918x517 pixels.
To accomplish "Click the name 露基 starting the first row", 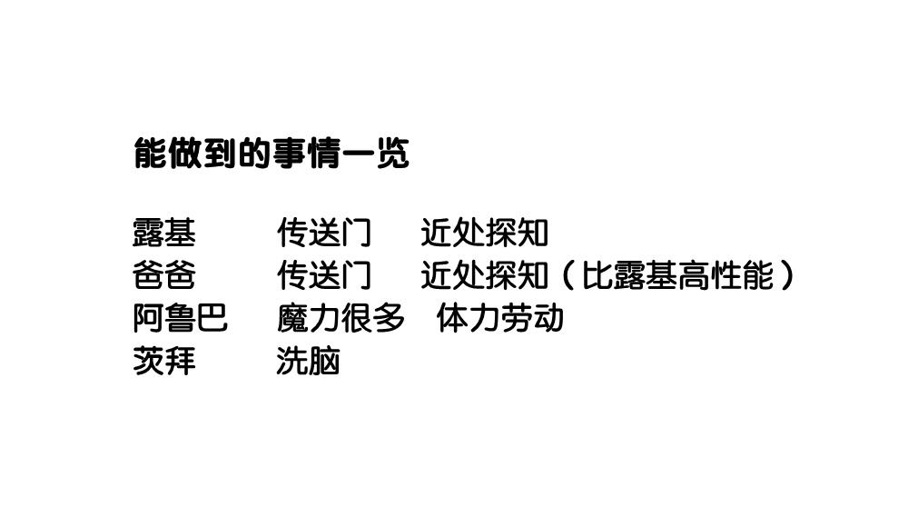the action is [x=163, y=234].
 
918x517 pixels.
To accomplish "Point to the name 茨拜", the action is [x=163, y=362].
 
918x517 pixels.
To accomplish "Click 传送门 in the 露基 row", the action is [x=324, y=234].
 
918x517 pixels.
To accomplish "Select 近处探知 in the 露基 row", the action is [x=484, y=234].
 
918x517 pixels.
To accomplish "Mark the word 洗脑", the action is [x=308, y=362].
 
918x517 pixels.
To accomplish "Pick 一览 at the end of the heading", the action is [x=377, y=154].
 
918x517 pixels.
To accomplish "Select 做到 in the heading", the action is [x=202, y=154].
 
